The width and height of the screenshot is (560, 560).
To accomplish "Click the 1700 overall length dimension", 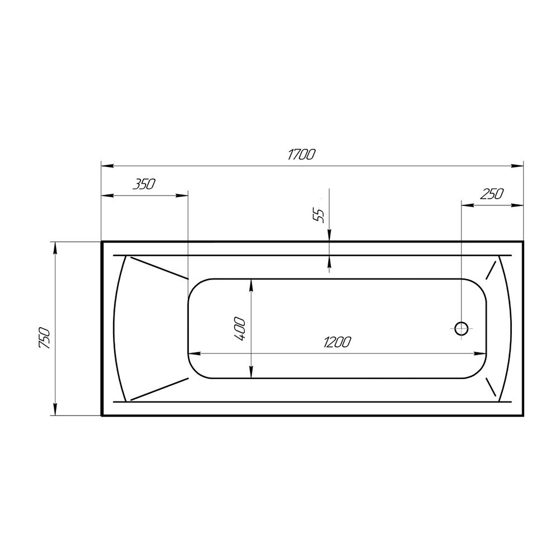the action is pos(301,155).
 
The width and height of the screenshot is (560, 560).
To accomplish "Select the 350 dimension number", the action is pos(144,184).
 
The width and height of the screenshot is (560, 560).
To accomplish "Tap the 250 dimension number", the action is pos(492,194).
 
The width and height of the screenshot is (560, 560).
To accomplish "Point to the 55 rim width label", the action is pos(320,215).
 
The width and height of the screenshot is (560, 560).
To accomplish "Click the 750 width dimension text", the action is pos(45,338).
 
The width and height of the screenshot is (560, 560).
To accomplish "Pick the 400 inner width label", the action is pos(240,329).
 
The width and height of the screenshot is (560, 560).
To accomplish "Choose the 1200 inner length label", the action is pos(337,342).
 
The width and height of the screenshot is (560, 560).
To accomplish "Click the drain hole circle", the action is pos(461,328).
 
